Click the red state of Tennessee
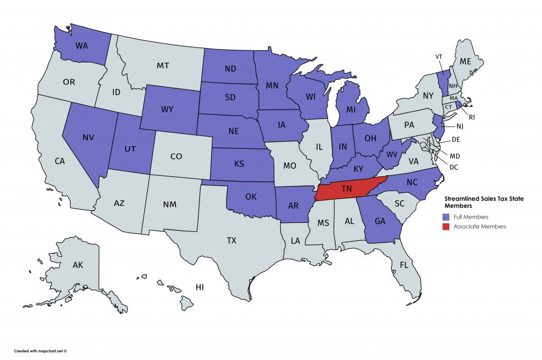pyautogui.click(x=347, y=188)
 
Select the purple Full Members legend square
pyautogui.click(x=446, y=217)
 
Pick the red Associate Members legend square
pyautogui.click(x=446, y=227)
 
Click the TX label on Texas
pyautogui.click(x=231, y=240)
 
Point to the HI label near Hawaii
pyautogui.click(x=200, y=287)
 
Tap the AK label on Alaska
pyautogui.click(x=78, y=265)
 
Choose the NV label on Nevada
pyautogui.click(x=88, y=137)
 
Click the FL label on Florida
pyautogui.click(x=404, y=265)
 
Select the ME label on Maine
pyautogui.click(x=465, y=61)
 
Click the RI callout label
pyautogui.click(x=471, y=116)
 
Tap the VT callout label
pyautogui.click(x=438, y=56)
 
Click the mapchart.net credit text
pyautogui.click(x=40, y=350)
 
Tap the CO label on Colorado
pyautogui.click(x=176, y=157)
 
